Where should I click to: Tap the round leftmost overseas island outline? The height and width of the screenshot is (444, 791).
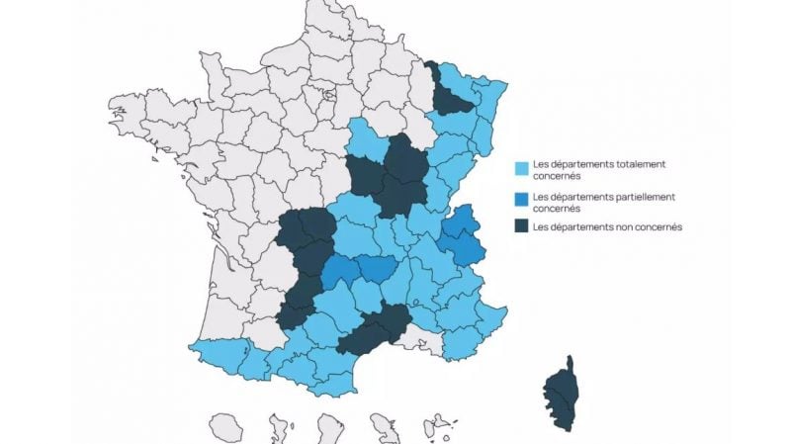pos(226,427)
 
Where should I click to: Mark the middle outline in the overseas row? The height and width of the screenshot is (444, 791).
pos(329,428)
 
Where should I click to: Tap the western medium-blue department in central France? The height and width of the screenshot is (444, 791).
pos(340,270)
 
